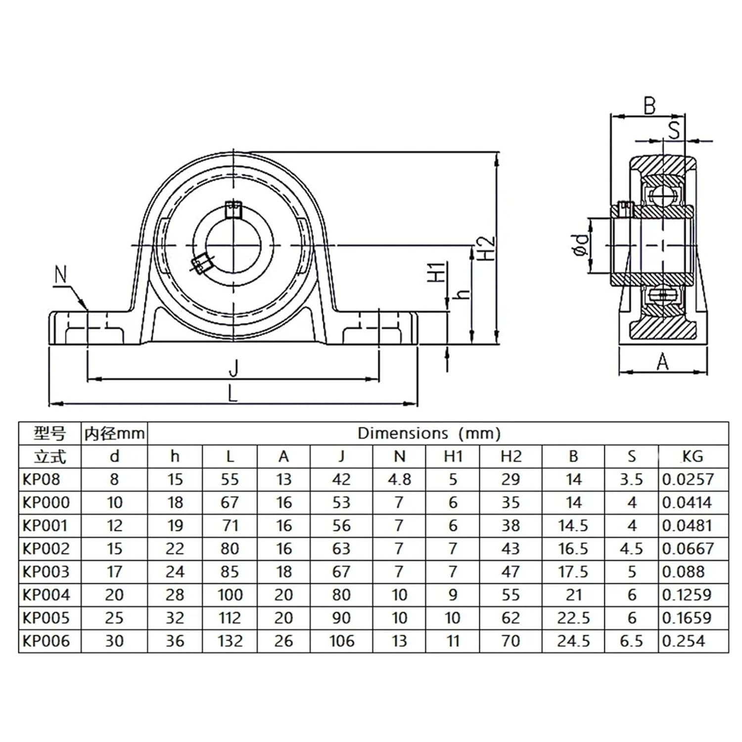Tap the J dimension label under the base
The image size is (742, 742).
point(233,369)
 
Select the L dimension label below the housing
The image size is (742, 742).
point(232,394)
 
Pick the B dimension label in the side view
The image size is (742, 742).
point(649,106)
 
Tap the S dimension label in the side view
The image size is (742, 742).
point(674,130)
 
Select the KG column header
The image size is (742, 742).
point(692,456)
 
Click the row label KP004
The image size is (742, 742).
point(46,595)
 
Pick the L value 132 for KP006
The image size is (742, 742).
point(230,641)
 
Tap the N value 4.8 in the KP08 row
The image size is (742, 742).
point(399,479)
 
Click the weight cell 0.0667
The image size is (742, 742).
point(688,549)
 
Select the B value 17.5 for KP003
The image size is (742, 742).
point(573,572)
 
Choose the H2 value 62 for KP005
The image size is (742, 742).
point(510,618)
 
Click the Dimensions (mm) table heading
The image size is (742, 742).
point(429,433)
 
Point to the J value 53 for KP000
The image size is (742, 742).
point(341,503)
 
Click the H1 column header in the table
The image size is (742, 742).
point(453,456)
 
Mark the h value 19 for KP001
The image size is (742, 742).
point(175,525)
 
